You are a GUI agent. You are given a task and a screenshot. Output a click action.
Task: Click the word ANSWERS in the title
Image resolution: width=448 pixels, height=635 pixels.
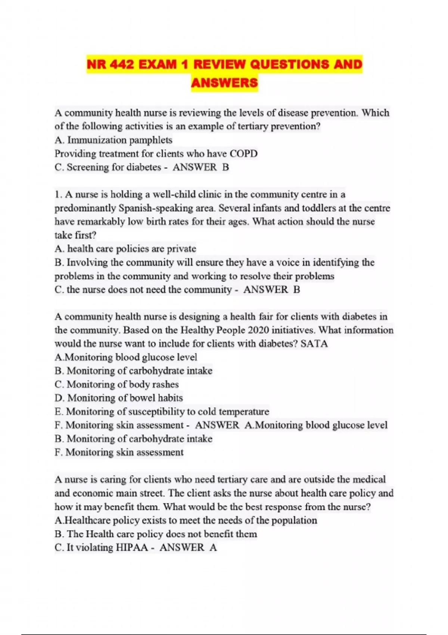[224, 83]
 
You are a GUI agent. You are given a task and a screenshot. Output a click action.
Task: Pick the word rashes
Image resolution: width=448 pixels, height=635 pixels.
[165, 384]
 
